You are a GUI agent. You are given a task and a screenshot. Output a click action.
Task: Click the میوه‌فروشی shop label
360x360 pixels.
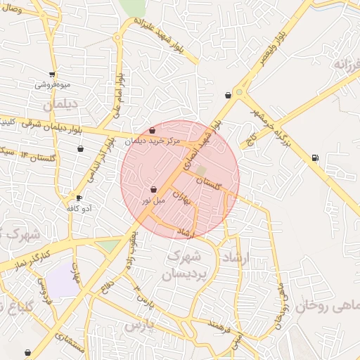pyautogui.click(x=52, y=85)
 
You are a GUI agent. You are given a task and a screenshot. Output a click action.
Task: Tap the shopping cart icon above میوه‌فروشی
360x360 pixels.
pyautogui.click(x=52, y=74)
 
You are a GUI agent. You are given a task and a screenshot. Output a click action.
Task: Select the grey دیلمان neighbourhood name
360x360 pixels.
pyautogui.click(x=58, y=105)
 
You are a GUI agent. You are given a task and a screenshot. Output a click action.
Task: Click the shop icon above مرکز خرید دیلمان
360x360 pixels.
pyautogui.click(x=153, y=131)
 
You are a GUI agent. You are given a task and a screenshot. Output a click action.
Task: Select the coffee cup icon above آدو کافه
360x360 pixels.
pyautogui.click(x=79, y=198)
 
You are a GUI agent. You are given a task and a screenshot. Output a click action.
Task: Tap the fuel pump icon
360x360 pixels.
pyautogui.click(x=314, y=157)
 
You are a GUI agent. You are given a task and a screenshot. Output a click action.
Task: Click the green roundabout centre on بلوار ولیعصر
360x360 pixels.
pyautogui.click(x=239, y=91)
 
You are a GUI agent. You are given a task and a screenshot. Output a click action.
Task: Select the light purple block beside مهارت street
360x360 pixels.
pyautogui.click(x=63, y=281)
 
